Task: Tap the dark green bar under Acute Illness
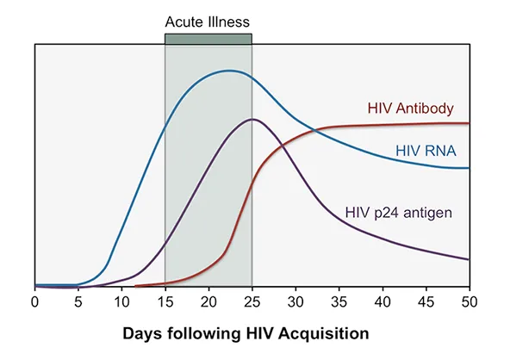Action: (208, 39)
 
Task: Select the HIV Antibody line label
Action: (411, 109)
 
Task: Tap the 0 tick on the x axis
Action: (34, 302)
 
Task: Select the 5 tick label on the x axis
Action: (78, 302)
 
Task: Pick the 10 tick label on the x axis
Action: (121, 302)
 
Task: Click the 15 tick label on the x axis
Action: (165, 302)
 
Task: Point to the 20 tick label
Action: (208, 302)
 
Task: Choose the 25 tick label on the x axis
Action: (252, 302)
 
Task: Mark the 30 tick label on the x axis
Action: (295, 302)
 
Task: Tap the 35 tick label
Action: (339, 302)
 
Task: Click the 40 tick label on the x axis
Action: (382, 302)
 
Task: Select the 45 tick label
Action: (426, 302)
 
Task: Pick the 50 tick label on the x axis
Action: (468, 302)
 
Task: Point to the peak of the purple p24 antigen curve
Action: (251, 119)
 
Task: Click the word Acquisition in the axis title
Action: (331, 332)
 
